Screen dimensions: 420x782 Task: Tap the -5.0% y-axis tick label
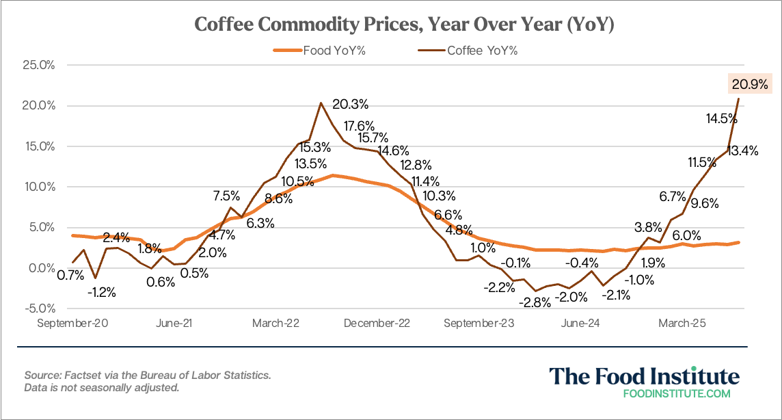40,309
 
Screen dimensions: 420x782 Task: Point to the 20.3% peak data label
350,105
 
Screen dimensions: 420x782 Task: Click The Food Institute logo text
644,376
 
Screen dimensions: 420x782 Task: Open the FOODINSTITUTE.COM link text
677,394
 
